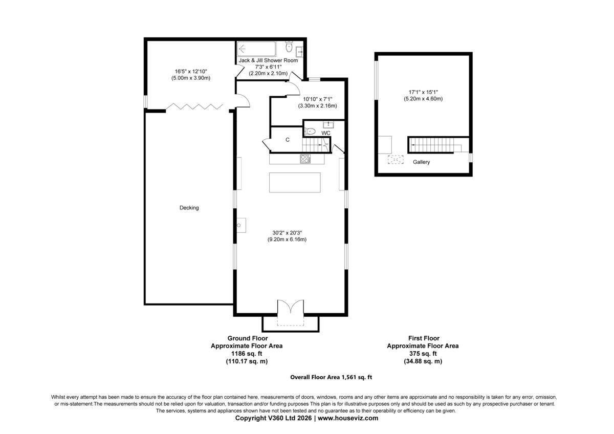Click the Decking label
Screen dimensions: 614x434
tap(189, 208)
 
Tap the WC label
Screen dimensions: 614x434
tap(326, 133)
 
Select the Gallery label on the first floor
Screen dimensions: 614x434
tap(421, 162)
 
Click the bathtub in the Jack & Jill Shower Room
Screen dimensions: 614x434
tap(256, 49)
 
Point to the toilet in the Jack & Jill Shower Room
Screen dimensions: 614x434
tap(289, 47)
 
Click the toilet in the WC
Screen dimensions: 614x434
tap(310, 132)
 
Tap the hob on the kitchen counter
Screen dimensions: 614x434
tap(305, 159)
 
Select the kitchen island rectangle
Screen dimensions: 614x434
tap(295, 182)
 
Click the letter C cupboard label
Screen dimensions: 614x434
tap(288, 140)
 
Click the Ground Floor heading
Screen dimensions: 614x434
tap(248, 338)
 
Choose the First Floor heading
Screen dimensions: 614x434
tap(424, 338)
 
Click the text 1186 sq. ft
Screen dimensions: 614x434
tap(247, 354)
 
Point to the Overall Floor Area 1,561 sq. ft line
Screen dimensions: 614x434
tap(331, 377)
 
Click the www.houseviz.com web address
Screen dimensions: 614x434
tap(348, 418)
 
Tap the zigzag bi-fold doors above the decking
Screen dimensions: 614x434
tap(194, 106)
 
